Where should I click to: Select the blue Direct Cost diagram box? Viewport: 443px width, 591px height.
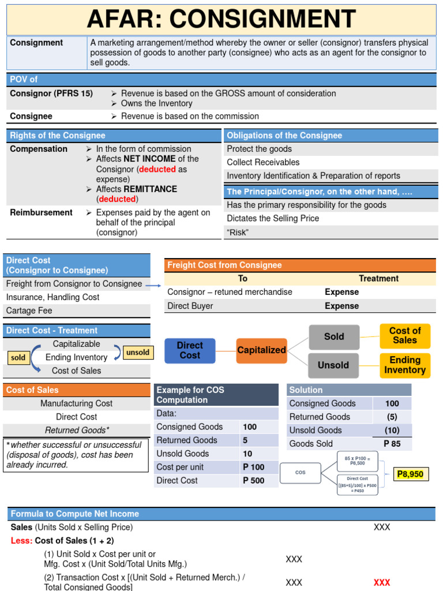click(x=190, y=350)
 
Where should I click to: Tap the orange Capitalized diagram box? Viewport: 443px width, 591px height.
click(x=261, y=350)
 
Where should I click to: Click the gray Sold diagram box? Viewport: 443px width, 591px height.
click(x=334, y=336)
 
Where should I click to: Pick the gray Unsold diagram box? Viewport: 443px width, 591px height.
click(x=334, y=365)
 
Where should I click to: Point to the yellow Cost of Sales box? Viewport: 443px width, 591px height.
click(x=405, y=336)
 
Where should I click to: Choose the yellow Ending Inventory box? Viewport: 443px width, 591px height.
click(x=405, y=365)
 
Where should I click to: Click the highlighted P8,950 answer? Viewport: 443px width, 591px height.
click(x=410, y=474)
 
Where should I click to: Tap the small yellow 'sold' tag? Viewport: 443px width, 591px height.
click(x=18, y=358)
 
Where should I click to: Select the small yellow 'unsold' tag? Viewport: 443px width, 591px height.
click(x=137, y=352)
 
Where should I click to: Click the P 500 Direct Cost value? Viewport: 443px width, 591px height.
click(x=253, y=480)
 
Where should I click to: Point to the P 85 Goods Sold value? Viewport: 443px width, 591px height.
click(x=392, y=443)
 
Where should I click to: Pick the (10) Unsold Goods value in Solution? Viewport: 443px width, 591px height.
click(x=392, y=430)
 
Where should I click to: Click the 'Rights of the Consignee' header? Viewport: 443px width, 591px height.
click(x=58, y=136)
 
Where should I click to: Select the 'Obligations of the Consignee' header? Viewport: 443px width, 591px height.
click(x=284, y=136)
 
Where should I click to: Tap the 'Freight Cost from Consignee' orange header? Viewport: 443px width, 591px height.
click(x=224, y=265)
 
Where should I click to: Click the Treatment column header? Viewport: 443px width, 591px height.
click(x=378, y=278)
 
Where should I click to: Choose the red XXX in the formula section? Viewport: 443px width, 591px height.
click(x=382, y=582)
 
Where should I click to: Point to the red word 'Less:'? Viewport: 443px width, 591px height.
click(x=21, y=541)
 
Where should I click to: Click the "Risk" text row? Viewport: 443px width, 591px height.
click(x=238, y=232)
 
